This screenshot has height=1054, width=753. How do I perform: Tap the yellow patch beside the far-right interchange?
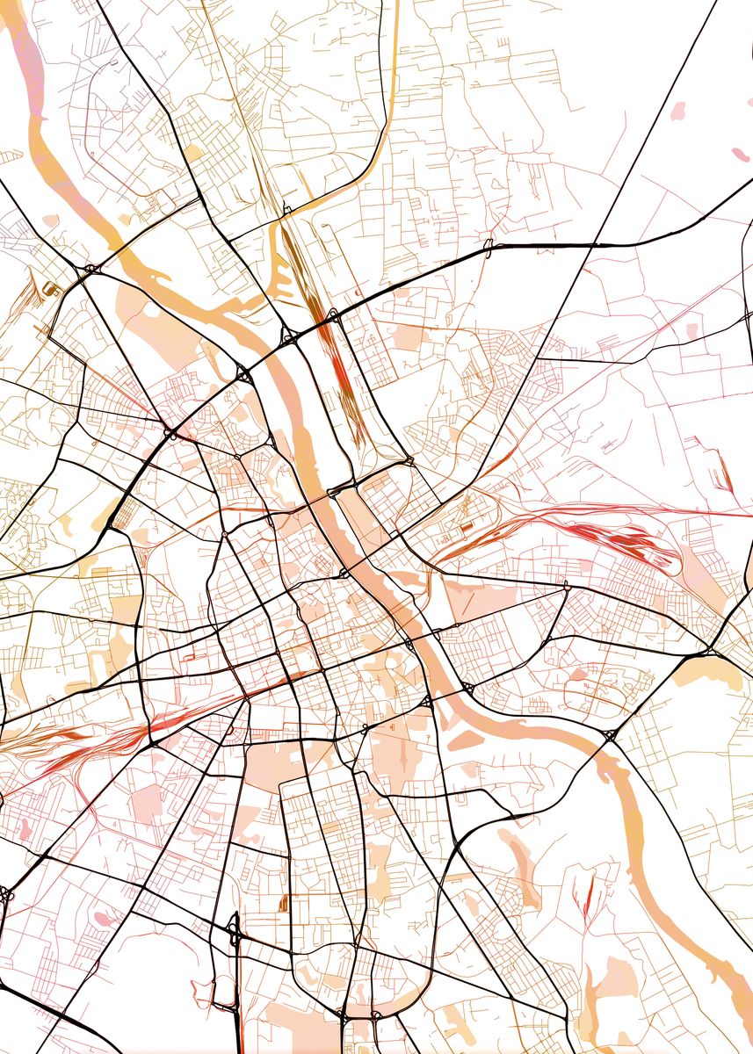(712, 671)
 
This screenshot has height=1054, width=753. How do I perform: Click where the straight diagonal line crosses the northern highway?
(597, 243)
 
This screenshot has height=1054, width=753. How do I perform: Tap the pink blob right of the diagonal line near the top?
(677, 112)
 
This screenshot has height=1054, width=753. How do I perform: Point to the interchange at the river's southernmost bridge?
(608, 735)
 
